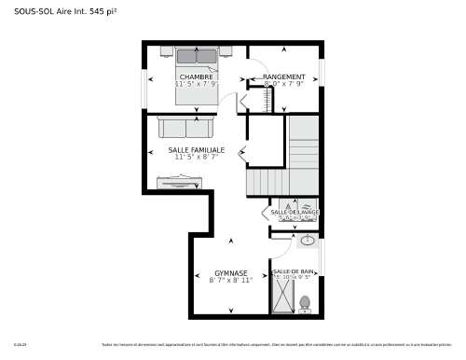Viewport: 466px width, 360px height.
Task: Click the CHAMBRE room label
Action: tap(197, 76)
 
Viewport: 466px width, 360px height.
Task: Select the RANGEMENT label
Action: tap(283, 76)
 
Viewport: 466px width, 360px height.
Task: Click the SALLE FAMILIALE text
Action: tap(197, 149)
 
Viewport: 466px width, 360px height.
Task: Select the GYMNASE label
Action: tap(229, 273)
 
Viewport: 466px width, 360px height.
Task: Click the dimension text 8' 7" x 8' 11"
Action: tap(229, 280)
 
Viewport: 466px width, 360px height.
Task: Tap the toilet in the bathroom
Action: tap(304, 303)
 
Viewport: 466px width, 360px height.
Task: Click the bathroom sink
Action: tap(307, 242)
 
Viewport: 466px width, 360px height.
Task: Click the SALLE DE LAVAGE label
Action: tap(295, 213)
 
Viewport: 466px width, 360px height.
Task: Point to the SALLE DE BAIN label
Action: tap(294, 271)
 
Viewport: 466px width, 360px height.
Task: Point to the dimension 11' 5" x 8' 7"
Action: tap(197, 157)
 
